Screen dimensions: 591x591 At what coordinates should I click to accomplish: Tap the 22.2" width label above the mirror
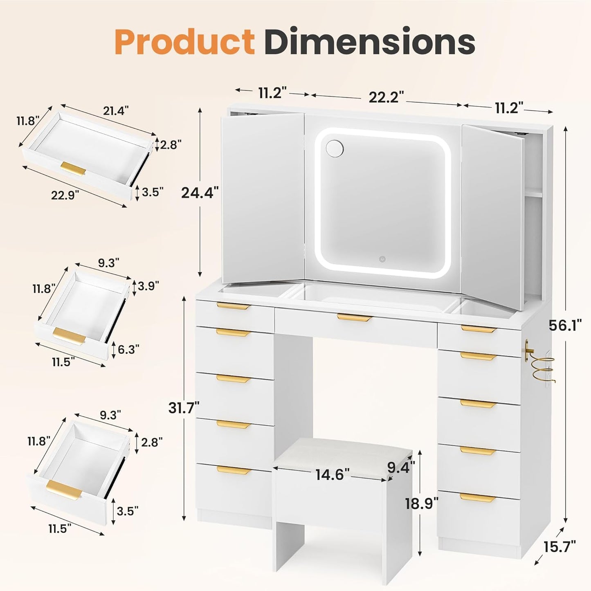(386, 97)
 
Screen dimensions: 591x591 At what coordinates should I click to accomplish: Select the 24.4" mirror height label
(200, 192)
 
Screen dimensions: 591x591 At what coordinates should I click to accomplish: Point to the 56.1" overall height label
(565, 326)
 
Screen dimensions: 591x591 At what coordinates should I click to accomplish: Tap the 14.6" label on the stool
(332, 474)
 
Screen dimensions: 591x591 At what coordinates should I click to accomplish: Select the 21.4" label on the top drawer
(116, 110)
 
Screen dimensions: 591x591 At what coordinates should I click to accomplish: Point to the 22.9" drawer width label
(65, 195)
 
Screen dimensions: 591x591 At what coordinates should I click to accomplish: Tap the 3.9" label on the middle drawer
(148, 286)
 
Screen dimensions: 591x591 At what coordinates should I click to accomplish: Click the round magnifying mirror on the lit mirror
(335, 148)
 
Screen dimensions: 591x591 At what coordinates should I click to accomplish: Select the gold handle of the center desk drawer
(354, 317)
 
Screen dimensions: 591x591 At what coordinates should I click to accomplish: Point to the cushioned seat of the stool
(344, 454)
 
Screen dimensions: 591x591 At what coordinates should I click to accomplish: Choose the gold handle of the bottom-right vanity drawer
(477, 498)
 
